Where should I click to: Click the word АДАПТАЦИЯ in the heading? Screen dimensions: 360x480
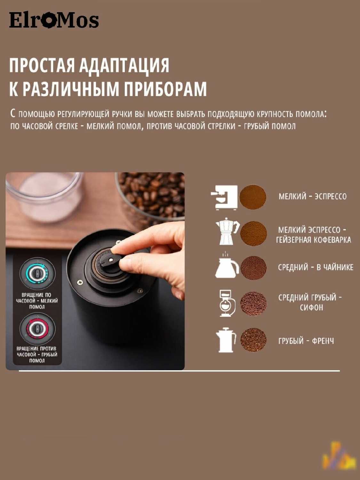pos(124,65)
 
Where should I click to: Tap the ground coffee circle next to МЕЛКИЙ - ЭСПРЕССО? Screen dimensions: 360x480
pos(253,197)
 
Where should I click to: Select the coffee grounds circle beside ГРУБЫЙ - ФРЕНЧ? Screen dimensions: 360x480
pos(253,340)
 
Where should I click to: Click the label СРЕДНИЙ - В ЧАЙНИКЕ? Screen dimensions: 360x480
pos(316,267)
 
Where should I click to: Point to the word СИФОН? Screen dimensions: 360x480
pos(311,308)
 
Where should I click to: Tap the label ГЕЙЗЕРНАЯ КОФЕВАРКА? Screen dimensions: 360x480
pos(314,240)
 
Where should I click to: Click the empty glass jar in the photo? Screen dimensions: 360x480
pos(45,196)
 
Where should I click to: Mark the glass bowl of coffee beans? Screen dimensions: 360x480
pos(151,197)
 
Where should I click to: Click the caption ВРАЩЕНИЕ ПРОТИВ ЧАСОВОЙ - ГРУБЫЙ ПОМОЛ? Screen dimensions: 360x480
pos(37,354)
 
